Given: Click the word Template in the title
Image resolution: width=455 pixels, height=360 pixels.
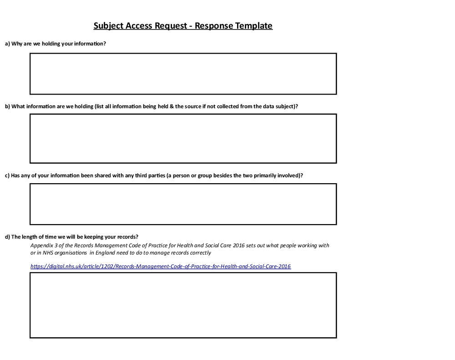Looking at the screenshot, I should click(253, 25).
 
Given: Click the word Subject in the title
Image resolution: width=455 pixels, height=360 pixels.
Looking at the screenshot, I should click(110, 25).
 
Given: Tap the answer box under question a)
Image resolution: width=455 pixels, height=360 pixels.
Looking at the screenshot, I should click(183, 74).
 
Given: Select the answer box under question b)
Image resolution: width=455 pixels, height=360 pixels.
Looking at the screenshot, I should click(183, 138).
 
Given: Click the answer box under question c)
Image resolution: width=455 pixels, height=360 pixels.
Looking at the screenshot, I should click(183, 204).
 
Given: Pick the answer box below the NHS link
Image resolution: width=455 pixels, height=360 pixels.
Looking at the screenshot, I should click(183, 305).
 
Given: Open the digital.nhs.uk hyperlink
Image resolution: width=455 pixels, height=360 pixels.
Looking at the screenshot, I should click(160, 266).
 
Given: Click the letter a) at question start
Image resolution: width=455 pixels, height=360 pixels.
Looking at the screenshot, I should click(7, 44).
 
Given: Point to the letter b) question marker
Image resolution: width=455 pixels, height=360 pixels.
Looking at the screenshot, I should click(7, 106).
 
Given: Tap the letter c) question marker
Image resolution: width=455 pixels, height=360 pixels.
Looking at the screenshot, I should click(7, 175).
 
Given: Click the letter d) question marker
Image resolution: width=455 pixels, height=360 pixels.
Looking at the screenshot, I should click(7, 236).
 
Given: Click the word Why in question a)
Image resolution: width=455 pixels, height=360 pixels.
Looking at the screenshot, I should click(17, 44).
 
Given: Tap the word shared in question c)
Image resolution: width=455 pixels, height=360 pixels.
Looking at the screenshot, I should click(101, 175).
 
